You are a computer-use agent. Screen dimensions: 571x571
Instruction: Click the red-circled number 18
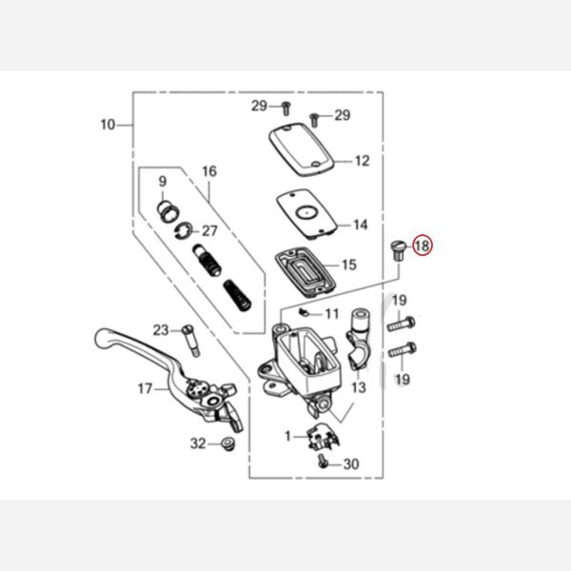pos(422,246)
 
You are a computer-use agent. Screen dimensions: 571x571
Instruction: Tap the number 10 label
pos(108,125)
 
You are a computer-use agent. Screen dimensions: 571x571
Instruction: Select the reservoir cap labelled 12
pos(302,149)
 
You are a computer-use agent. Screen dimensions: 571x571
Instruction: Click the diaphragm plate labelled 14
pos(306,213)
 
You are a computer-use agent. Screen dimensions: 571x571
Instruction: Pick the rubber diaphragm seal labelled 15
pos(305,271)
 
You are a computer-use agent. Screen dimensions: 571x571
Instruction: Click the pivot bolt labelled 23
pos(191,341)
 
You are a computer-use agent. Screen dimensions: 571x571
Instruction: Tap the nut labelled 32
pos(228,444)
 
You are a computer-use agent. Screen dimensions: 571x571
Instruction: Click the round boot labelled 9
pos(167,211)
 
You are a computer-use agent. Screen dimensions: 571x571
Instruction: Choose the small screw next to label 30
pos(323,461)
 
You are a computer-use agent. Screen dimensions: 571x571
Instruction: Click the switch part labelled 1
pos(322,436)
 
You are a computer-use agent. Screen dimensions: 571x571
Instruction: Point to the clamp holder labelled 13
pos(358,338)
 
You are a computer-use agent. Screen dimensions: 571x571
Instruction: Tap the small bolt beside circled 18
pos(398,249)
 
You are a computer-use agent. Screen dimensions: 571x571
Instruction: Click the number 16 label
pos(209,171)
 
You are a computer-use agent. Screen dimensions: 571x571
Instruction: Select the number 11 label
pos(332,313)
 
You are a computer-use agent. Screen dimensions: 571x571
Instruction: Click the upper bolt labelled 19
pos(402,324)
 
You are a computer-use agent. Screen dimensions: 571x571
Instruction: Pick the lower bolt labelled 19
pos(403,350)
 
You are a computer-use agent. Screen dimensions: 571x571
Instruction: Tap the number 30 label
pos(351,464)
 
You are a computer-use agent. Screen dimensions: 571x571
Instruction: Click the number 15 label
pos(349,265)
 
